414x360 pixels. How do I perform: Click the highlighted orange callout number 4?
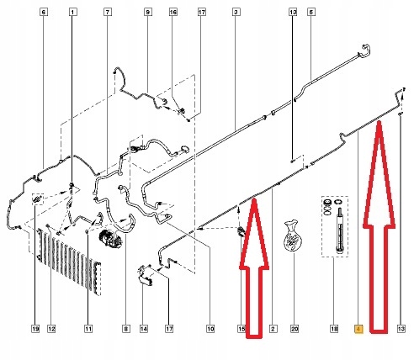[359, 329]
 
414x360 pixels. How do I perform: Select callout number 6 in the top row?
[43, 13]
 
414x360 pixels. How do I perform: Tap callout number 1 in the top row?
[73, 13]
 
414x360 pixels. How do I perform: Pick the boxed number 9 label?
[148, 13]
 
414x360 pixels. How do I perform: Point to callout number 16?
[173, 13]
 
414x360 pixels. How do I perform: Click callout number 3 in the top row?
[236, 13]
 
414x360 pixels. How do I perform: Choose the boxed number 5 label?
[311, 13]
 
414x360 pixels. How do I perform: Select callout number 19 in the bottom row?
[35, 329]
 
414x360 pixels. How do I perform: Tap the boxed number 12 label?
[51, 329]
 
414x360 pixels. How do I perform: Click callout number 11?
[88, 329]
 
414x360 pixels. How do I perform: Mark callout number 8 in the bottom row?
[126, 329]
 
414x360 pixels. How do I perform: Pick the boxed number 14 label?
[144, 329]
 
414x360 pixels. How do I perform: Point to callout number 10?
[210, 329]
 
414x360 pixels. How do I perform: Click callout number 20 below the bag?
[295, 329]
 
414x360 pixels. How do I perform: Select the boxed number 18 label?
[334, 329]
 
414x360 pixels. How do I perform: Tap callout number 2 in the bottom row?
[273, 329]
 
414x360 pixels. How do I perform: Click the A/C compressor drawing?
[110, 238]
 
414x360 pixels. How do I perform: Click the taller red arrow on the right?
[379, 227]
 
